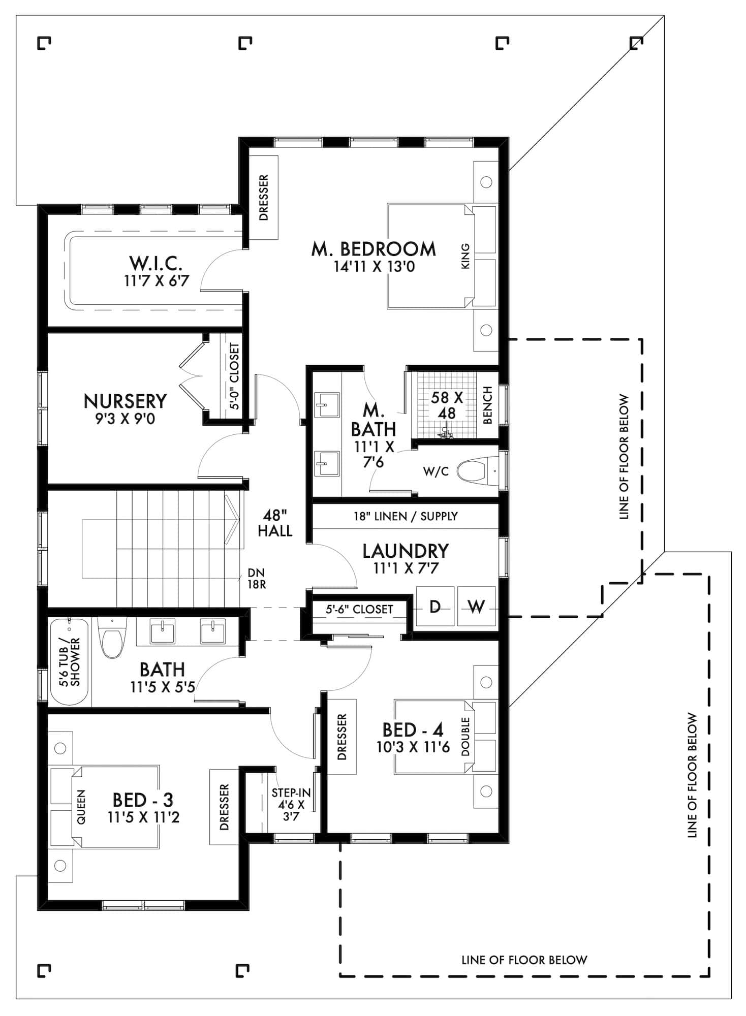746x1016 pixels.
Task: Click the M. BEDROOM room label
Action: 374,249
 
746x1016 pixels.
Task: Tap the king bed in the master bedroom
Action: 432,257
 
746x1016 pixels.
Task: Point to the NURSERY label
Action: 125,401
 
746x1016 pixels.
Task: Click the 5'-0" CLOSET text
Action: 234,376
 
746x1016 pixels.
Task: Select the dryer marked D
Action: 435,607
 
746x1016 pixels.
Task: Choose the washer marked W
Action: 476,607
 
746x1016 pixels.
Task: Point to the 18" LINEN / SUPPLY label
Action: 406,517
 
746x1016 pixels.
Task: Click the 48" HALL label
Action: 274,523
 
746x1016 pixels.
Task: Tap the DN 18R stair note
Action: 256,578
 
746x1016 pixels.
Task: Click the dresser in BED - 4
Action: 341,737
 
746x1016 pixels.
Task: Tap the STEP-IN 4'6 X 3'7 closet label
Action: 291,805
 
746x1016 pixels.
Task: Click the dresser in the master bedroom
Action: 263,198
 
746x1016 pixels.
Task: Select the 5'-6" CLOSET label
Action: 359,609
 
